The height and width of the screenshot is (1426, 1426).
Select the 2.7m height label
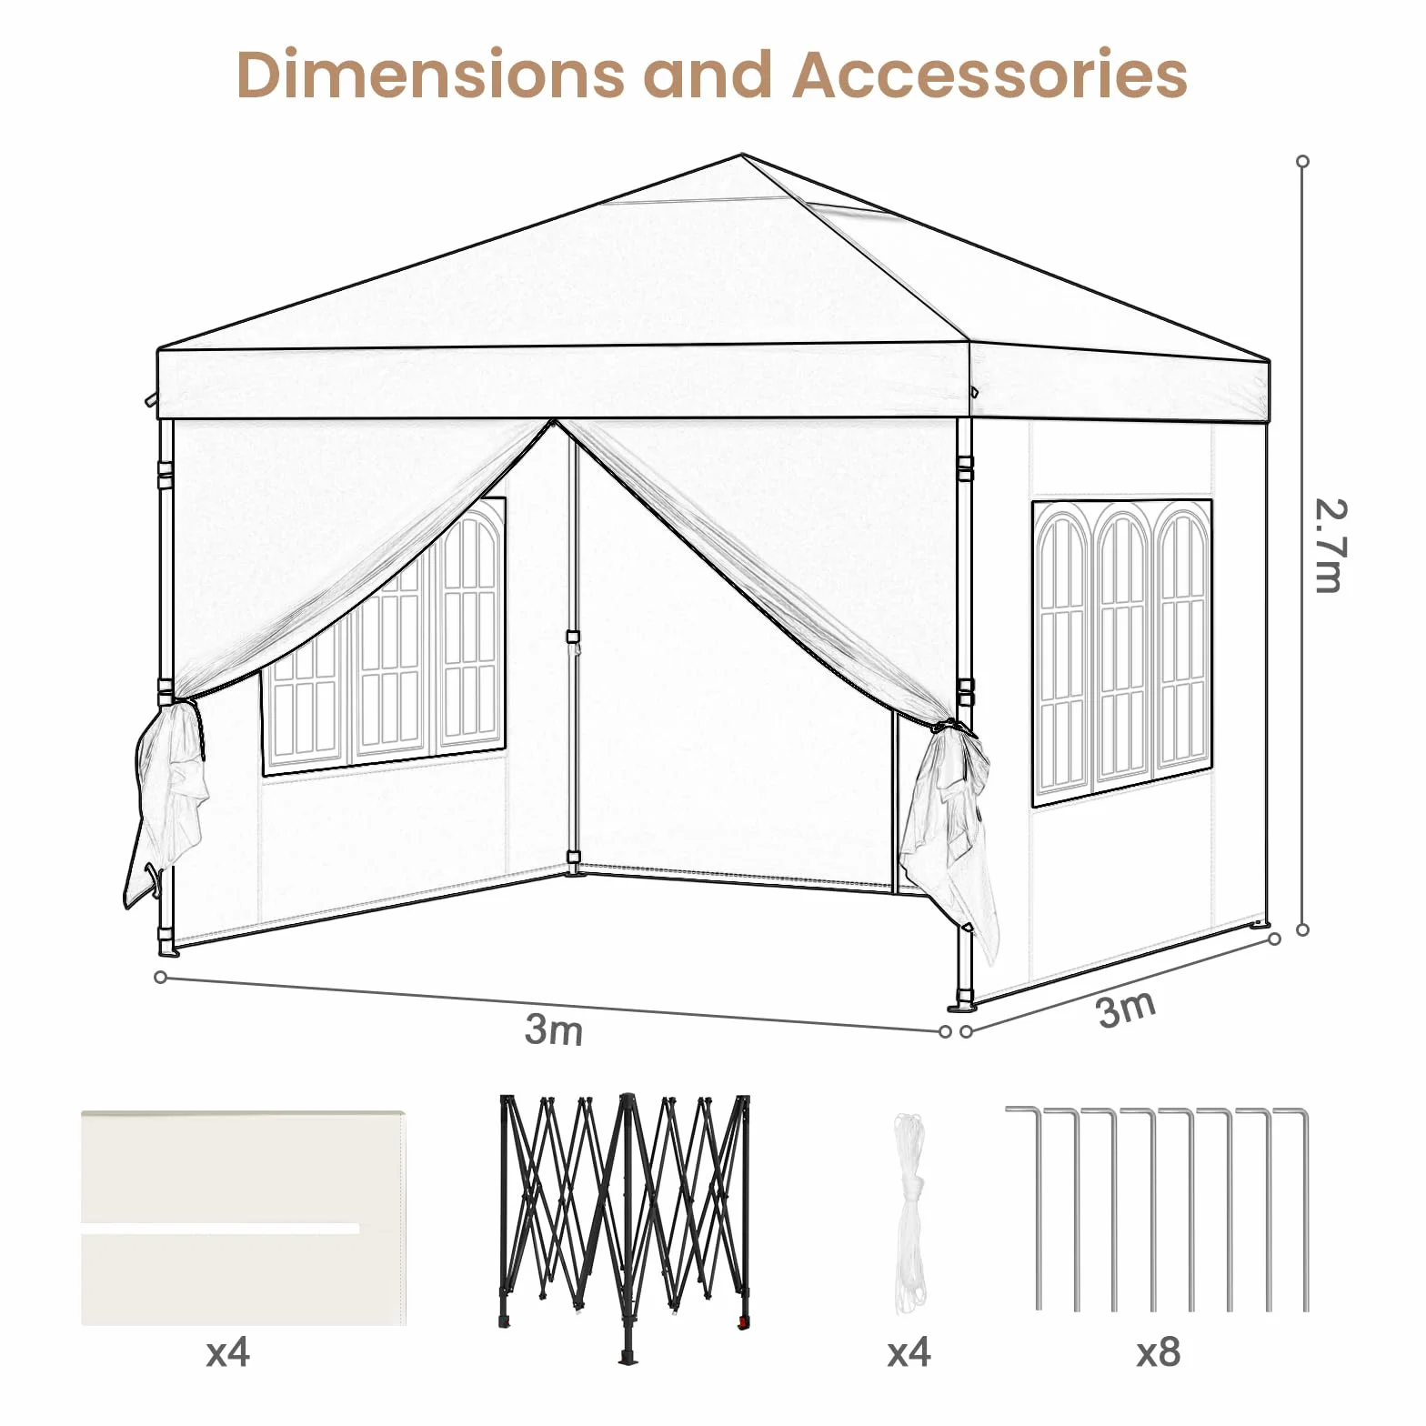1330,546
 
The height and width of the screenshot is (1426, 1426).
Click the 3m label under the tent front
554,1029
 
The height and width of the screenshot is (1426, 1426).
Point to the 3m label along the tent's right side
1127,1008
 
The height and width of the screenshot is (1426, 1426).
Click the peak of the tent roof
743,156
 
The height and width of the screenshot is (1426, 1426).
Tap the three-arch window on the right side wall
1122,653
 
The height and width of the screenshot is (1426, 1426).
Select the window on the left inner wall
384,637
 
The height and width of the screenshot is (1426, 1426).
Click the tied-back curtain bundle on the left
167,800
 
